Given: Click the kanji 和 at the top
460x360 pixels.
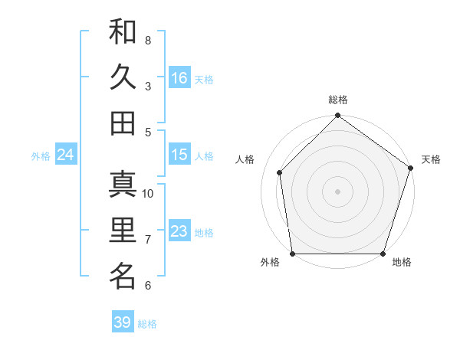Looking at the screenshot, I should [123, 31].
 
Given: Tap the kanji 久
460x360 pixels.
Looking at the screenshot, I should [123, 77].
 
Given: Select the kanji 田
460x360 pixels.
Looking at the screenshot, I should [123, 123].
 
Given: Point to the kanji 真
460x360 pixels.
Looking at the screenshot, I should [123, 185].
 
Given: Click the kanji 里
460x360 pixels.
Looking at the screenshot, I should [123, 230].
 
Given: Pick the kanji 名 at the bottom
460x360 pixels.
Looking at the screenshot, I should [123, 277].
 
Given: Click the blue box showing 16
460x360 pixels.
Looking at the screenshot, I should [179, 78].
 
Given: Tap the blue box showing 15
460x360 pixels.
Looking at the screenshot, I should [179, 155].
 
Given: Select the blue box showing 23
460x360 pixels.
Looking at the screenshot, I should [179, 231].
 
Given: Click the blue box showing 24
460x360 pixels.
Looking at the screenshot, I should [65, 155].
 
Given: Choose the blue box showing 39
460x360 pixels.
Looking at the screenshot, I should [122, 322].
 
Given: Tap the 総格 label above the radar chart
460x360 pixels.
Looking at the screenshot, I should [337, 100].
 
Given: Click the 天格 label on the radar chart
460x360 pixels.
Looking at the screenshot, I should [431, 159].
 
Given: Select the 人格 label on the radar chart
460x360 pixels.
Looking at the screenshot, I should [245, 159].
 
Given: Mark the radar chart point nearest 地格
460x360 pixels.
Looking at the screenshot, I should [383, 254].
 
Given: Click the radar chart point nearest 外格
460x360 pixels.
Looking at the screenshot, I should [293, 254].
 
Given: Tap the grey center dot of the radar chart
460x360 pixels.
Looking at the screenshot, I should [337, 191].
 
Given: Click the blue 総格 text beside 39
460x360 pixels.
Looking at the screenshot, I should [147, 324].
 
